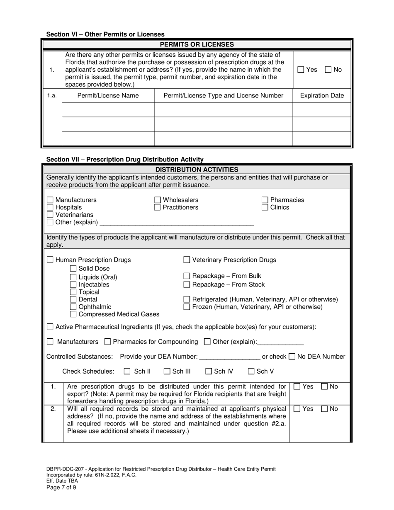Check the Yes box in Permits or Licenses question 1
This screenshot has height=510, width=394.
point(301,70)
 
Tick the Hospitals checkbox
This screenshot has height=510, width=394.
point(50,207)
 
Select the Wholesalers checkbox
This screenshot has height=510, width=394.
point(158,200)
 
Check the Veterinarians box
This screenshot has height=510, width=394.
point(50,215)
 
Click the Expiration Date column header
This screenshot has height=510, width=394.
point(321,96)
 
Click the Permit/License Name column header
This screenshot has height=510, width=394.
point(108,96)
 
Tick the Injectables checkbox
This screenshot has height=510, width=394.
point(73,284)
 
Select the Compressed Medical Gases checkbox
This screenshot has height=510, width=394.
point(73,314)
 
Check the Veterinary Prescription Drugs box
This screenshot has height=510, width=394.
point(187,260)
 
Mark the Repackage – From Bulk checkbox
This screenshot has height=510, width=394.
point(187,276)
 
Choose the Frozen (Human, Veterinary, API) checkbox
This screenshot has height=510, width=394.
point(187,307)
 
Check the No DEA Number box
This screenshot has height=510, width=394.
point(292,356)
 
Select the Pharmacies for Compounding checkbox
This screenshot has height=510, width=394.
point(107,342)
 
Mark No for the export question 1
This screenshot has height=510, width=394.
point(324,386)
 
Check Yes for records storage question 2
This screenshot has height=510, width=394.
point(297,409)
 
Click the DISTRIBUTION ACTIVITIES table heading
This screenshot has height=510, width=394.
point(197,169)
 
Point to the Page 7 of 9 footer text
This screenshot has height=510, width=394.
point(61,487)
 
